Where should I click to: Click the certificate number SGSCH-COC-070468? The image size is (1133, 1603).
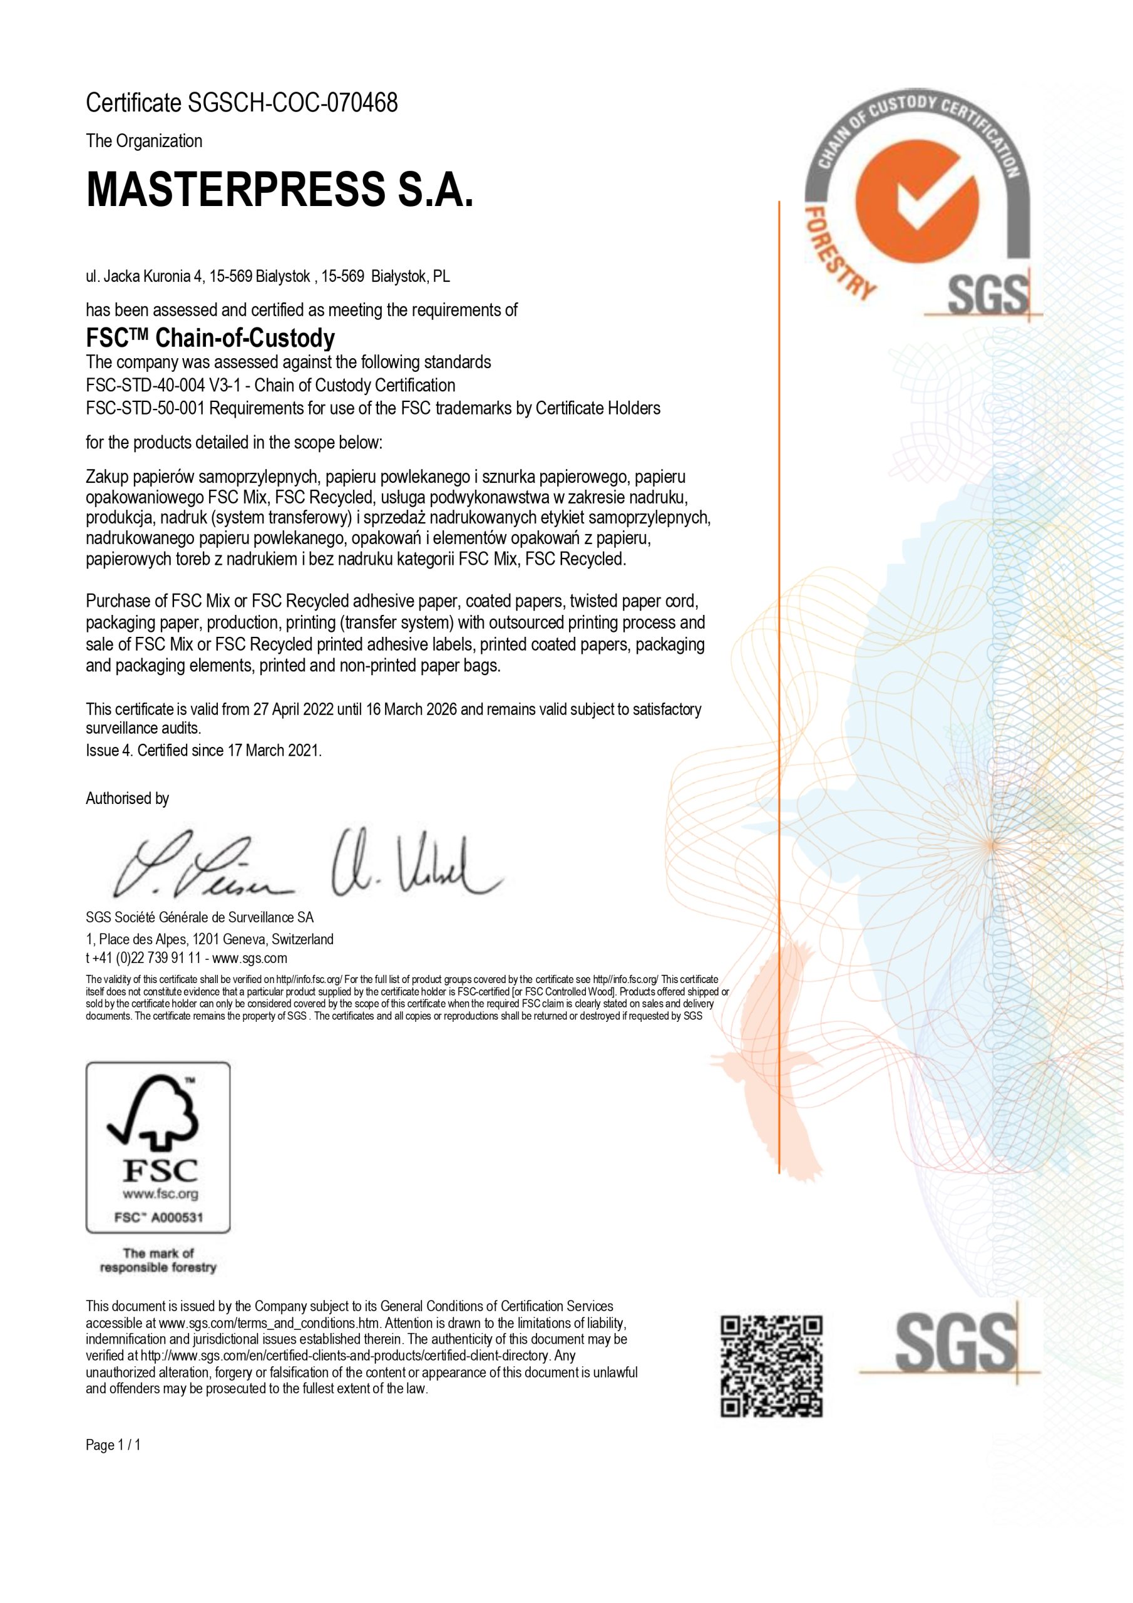(293, 103)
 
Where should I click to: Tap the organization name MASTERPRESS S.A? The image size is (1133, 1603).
(279, 188)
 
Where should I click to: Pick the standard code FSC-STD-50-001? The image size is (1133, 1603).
(145, 408)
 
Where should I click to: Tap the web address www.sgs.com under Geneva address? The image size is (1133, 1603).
(250, 958)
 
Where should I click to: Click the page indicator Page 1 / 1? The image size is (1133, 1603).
(113, 1445)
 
